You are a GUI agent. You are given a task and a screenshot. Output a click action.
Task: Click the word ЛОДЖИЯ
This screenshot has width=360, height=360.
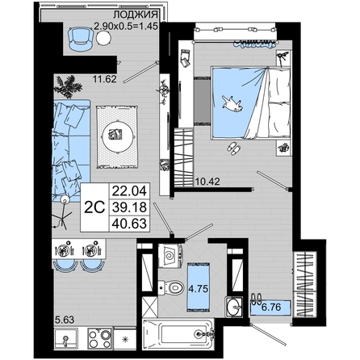(136, 15)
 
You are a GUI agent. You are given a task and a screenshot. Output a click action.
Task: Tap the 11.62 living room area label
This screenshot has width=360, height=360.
(105, 79)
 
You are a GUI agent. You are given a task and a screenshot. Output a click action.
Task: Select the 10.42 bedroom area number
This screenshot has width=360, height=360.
(207, 182)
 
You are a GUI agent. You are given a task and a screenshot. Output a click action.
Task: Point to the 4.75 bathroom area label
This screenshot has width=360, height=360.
(199, 289)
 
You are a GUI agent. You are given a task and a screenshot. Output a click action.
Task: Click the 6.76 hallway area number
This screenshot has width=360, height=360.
(271, 307)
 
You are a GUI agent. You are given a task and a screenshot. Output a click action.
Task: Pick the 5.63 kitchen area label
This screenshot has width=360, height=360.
(65, 320)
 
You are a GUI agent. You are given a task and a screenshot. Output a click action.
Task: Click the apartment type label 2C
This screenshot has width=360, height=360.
(94, 207)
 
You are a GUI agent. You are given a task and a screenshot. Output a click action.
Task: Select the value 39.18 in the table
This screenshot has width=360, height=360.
(129, 207)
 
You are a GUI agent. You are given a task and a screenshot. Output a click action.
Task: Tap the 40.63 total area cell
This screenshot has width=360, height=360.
(129, 224)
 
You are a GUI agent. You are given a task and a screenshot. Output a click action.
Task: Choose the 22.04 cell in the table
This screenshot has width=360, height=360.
(129, 191)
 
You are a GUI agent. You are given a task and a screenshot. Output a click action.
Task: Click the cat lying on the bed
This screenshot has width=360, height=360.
(232, 103)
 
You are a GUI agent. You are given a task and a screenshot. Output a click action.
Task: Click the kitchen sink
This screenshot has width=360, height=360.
(66, 338)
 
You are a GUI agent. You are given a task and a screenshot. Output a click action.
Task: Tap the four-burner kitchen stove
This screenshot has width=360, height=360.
(100, 338)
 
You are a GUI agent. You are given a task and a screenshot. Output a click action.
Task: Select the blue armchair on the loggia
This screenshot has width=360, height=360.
(80, 39)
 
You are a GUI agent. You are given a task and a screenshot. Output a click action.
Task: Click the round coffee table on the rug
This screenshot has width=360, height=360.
(117, 136)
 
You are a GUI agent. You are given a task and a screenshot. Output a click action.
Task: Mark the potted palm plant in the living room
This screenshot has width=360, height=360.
(67, 86)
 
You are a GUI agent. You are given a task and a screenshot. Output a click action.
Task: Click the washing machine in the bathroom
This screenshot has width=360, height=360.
(171, 255)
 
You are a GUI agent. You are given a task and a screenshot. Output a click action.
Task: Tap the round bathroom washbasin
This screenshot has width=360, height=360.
(234, 306)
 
